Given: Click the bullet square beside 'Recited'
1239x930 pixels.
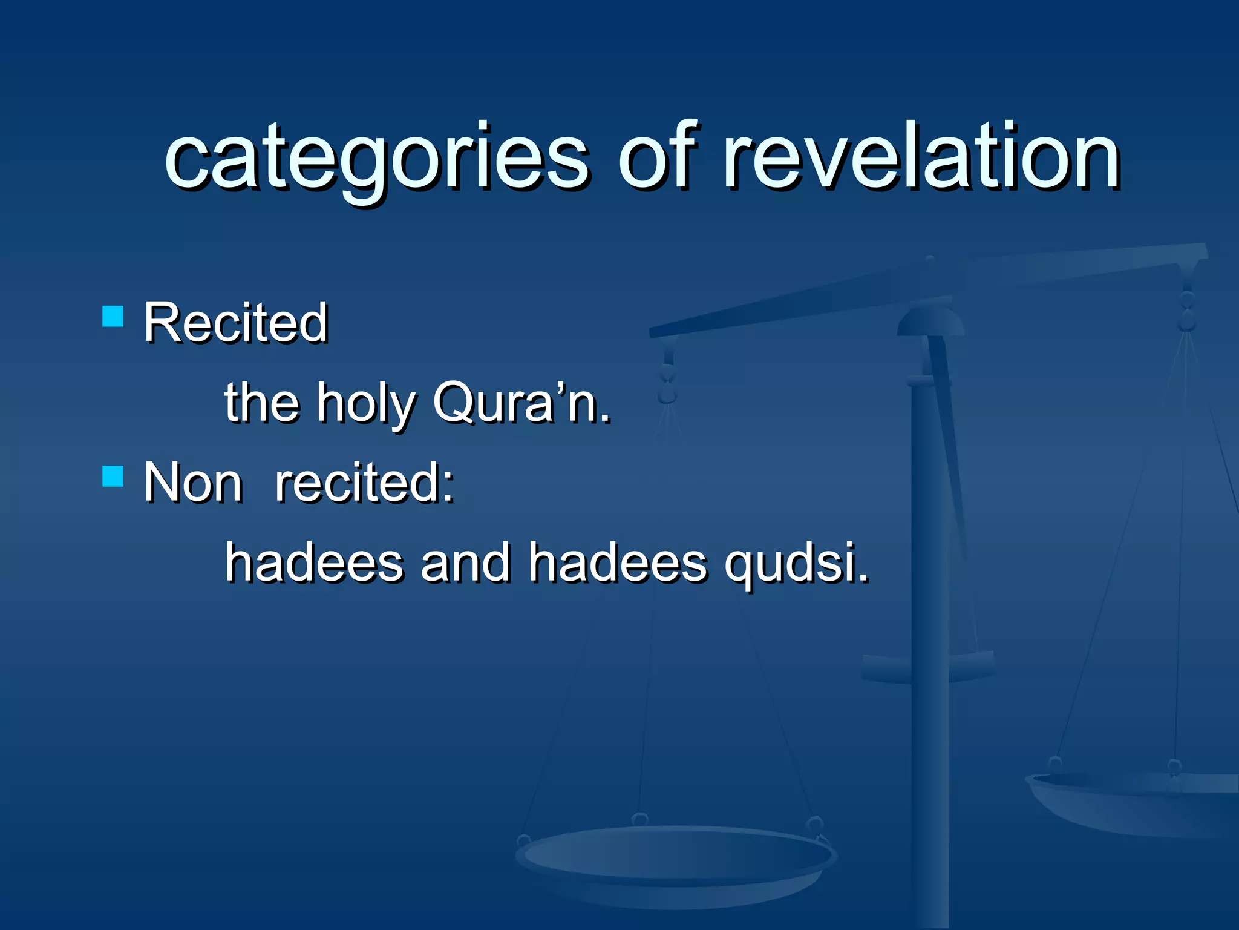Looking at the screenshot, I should coord(113,316).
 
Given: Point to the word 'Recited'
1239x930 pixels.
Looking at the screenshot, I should coord(236,323).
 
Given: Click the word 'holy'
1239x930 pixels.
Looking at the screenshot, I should coord(365,403).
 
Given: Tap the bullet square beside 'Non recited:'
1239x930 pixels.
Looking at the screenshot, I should coord(113,476).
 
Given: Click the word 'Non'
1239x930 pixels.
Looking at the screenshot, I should coord(193,483).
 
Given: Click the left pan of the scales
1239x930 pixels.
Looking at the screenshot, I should coord(675,860).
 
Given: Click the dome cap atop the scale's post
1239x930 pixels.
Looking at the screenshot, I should coord(930,321).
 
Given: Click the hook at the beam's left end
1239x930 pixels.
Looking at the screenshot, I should coord(668,375).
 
